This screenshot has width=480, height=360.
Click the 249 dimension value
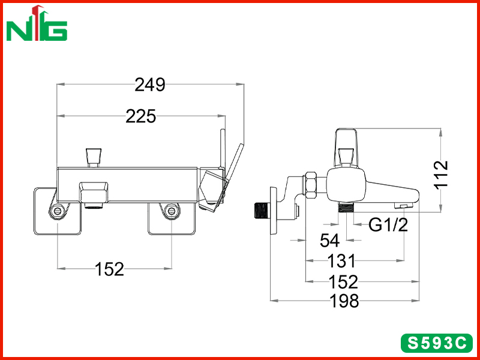[149, 85]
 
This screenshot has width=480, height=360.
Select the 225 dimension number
[141, 116]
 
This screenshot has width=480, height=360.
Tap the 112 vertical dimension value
[442, 175]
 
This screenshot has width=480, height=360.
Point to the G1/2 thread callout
[388, 225]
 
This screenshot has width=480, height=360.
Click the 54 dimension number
[329, 241]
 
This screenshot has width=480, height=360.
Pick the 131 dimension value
[341, 261]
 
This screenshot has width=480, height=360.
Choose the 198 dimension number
[344, 301]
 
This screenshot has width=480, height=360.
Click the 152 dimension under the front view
[110, 269]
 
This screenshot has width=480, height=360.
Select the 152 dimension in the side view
[343, 281]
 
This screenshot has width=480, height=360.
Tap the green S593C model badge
[437, 343]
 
